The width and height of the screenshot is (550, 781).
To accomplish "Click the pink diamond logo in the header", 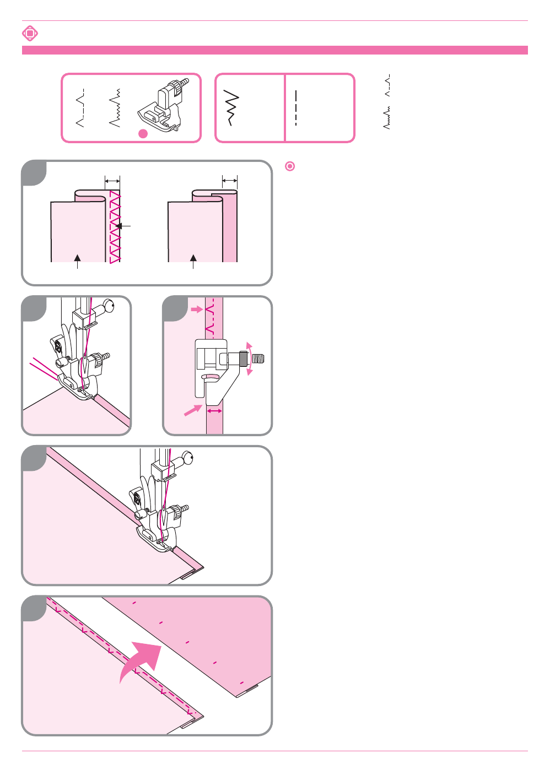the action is click(x=30, y=34).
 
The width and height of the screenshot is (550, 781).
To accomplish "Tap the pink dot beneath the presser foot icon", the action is click(x=143, y=133).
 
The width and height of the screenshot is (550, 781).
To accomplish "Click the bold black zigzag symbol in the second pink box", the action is click(x=231, y=107).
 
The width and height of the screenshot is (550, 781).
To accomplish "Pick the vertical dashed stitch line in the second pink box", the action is click(x=296, y=108).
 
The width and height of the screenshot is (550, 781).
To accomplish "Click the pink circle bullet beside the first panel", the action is click(x=290, y=166).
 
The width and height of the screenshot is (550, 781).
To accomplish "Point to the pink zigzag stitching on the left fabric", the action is click(x=115, y=226).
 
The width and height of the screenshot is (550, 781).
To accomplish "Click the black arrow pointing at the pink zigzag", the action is click(x=124, y=225).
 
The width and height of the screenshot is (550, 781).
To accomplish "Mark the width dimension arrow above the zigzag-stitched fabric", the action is click(x=112, y=180).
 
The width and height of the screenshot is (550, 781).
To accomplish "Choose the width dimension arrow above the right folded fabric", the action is click(x=230, y=180).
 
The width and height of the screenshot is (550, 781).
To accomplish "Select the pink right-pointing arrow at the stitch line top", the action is click(x=196, y=310).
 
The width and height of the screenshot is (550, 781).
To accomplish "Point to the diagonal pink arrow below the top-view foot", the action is click(x=193, y=410).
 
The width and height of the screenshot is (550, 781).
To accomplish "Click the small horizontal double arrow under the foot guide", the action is click(x=214, y=411).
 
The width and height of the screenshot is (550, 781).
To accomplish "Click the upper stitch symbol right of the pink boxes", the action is click(x=388, y=86).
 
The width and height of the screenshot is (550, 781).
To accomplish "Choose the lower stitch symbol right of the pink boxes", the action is click(x=387, y=118).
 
